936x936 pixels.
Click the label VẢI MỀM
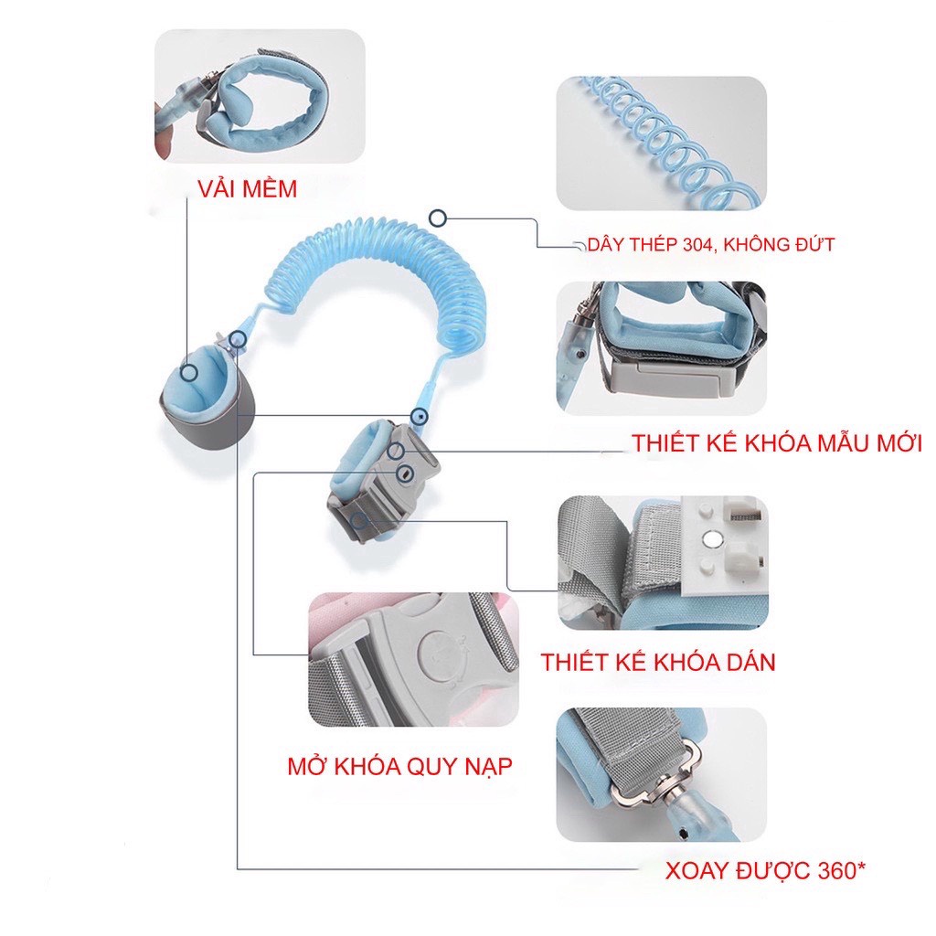tap(248, 189)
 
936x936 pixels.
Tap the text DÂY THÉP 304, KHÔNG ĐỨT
tap(711, 244)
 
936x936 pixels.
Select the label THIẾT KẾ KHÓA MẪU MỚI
tap(776, 444)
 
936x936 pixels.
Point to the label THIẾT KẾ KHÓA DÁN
tap(657, 662)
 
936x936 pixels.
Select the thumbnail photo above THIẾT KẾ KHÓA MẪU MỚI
tap(661, 347)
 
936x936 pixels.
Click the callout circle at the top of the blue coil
tap(439, 218)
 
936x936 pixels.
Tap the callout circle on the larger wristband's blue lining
tap(188, 372)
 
